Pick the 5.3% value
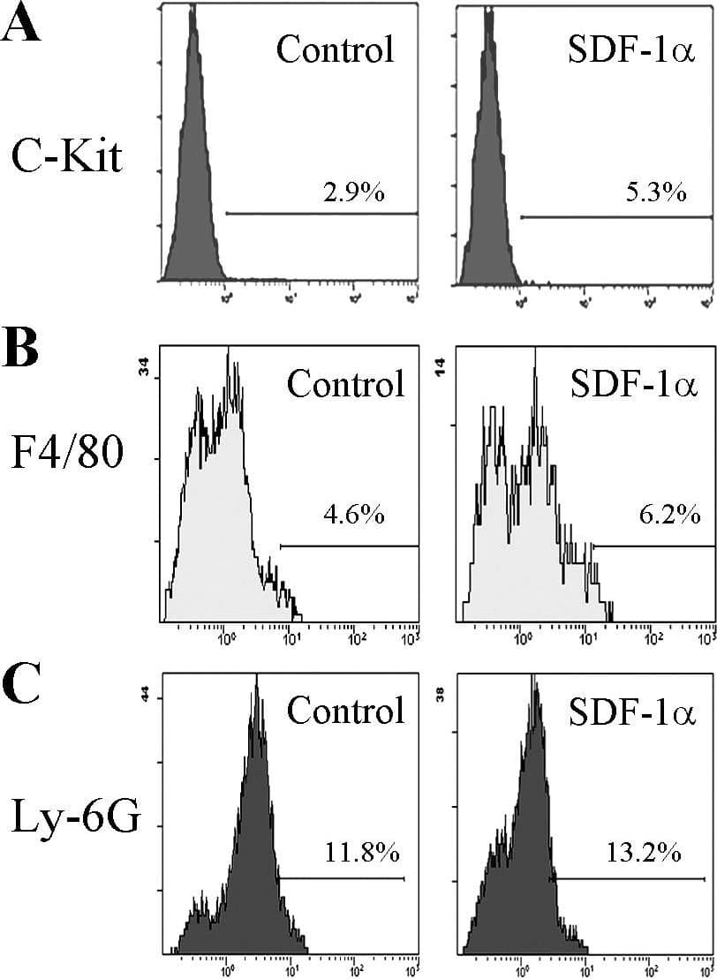tap(655, 192)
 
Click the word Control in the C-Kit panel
tap(335, 49)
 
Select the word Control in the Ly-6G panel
tap(346, 710)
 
